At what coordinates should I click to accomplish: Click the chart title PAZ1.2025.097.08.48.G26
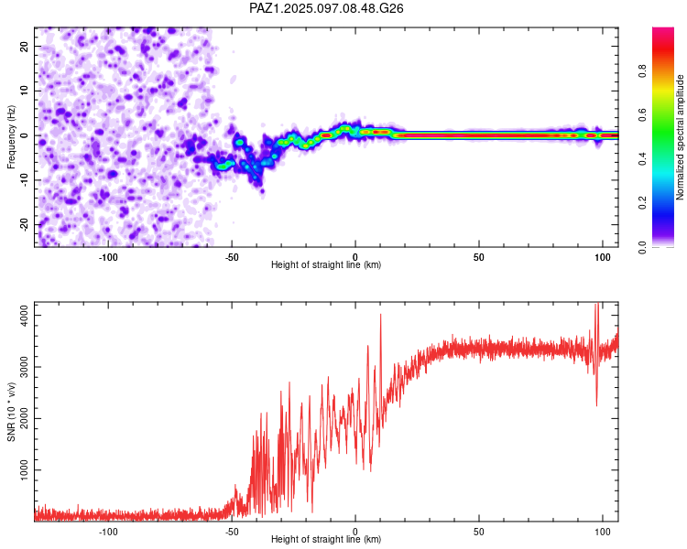click(x=326, y=8)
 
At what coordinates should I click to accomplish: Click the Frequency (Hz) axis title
click(x=11, y=137)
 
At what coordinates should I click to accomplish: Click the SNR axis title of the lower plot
click(x=11, y=412)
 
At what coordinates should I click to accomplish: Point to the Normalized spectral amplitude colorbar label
click(x=680, y=137)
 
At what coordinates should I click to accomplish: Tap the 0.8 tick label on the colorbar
click(x=642, y=70)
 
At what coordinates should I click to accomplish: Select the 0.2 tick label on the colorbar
click(x=642, y=203)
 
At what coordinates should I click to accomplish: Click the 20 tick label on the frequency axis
click(x=25, y=46)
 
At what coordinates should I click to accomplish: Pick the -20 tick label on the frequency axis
click(x=25, y=224)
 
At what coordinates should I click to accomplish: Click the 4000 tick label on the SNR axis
click(x=25, y=315)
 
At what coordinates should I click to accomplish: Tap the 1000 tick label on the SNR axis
click(x=25, y=469)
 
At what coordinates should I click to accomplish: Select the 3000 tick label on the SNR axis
click(x=25, y=367)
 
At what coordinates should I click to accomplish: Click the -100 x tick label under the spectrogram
click(x=108, y=257)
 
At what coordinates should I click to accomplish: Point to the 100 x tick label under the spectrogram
click(x=603, y=257)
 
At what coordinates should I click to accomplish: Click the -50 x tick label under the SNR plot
click(x=232, y=532)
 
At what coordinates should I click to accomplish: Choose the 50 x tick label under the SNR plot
click(x=479, y=532)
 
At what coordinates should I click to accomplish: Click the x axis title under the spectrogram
click(x=326, y=264)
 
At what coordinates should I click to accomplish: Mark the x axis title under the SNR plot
click(x=326, y=539)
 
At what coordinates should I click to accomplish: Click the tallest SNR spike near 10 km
click(x=380, y=315)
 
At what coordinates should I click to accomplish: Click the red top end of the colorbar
click(x=663, y=30)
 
